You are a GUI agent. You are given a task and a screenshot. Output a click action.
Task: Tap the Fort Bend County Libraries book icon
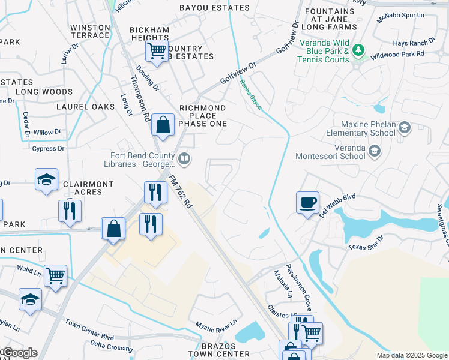pos(185,158)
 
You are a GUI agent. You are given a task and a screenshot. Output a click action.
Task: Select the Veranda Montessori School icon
pos(375,150)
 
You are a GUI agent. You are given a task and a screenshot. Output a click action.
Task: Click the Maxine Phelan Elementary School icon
pos(405,127)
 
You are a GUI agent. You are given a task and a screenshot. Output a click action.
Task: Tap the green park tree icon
pos(358,49)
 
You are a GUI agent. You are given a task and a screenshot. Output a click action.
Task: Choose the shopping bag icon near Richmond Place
pos(163,125)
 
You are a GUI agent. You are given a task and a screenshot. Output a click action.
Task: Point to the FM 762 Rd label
pos(180,191)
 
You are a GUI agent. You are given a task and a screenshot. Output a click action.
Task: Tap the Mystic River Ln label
pos(216,325)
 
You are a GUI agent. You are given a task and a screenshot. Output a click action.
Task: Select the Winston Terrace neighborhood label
pos(90,32)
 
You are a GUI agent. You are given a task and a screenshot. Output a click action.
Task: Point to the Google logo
pos(19,353)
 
